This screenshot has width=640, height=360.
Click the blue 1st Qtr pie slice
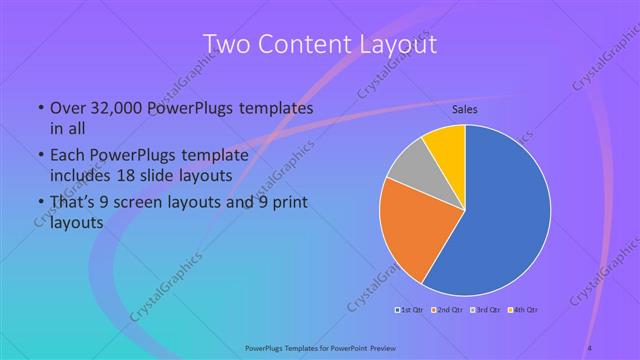505,215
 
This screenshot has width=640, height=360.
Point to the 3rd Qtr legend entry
487,308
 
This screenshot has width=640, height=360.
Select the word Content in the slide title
307,44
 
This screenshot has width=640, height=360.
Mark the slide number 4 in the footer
590,347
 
